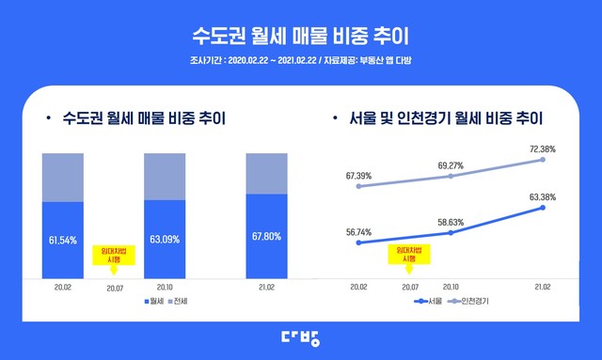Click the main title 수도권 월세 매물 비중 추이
pos(301,37)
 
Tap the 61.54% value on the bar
pos(63,240)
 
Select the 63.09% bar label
pos(165,240)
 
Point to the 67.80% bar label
pos(266,235)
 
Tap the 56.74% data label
pos(359,230)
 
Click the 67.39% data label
pos(359,175)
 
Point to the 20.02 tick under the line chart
pos(359,286)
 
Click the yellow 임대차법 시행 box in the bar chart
pos(113,255)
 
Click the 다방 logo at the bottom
pos(301,337)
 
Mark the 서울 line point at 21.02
pos(544,208)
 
